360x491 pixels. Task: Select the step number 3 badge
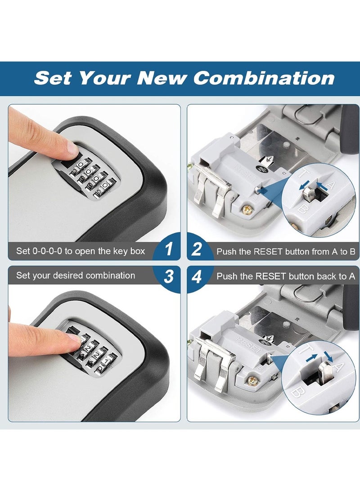tap(169, 276)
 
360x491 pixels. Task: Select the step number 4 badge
tap(197, 277)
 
